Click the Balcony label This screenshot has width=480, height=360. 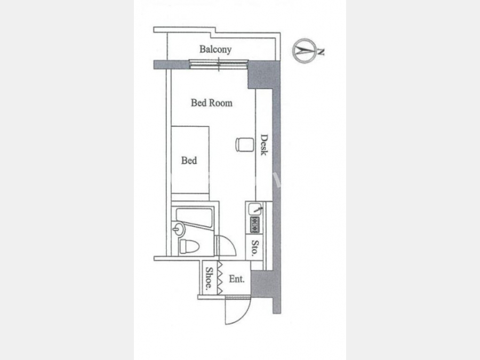(215, 49)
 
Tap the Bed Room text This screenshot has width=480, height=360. (212, 103)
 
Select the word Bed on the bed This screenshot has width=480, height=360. (189, 160)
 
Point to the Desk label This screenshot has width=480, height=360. (264, 145)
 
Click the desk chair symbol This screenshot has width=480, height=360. (245, 145)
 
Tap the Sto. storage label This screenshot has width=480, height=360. (255, 248)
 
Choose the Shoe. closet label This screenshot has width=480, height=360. (209, 278)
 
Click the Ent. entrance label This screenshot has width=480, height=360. (237, 279)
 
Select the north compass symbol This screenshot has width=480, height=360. (305, 51)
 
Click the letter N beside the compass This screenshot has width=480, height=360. (320, 52)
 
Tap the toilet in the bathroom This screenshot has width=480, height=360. (189, 246)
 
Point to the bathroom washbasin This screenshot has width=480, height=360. (179, 229)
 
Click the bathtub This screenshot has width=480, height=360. (194, 218)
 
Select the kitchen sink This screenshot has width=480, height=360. (255, 209)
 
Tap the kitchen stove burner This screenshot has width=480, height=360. (255, 225)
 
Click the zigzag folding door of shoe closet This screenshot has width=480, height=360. (220, 278)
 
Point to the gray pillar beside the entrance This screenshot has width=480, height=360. (262, 284)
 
